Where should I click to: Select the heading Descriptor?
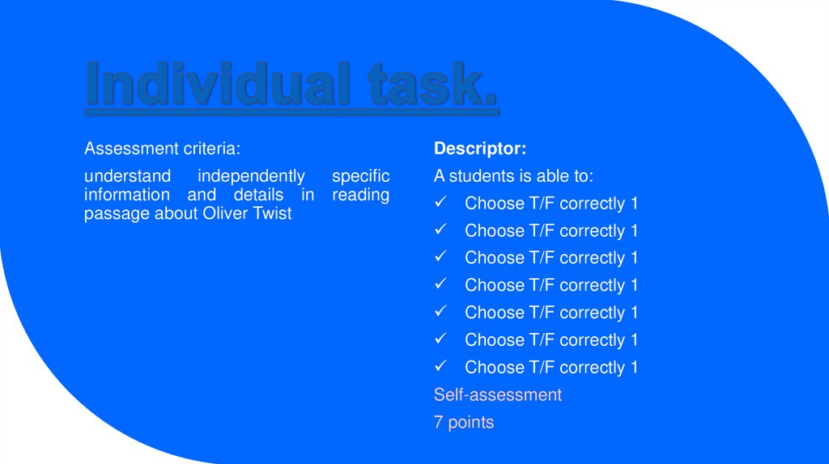pyautogui.click(x=480, y=149)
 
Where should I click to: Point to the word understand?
pyautogui.click(x=127, y=176)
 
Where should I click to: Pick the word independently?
pyautogui.click(x=251, y=176)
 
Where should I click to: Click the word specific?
pyautogui.click(x=360, y=176)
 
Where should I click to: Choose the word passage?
pyautogui.click(x=117, y=214)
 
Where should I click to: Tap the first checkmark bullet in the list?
pyautogui.click(x=440, y=203)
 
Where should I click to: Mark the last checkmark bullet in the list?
pyautogui.click(x=440, y=367)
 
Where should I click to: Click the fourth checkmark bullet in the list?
pyautogui.click(x=440, y=285)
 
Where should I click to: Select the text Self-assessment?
pyautogui.click(x=497, y=394)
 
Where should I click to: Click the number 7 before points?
pyautogui.click(x=438, y=422)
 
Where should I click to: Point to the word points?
pyautogui.click(x=470, y=422)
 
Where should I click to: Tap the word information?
pyautogui.click(x=127, y=195)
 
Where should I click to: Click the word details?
pyautogui.click(x=258, y=195)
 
